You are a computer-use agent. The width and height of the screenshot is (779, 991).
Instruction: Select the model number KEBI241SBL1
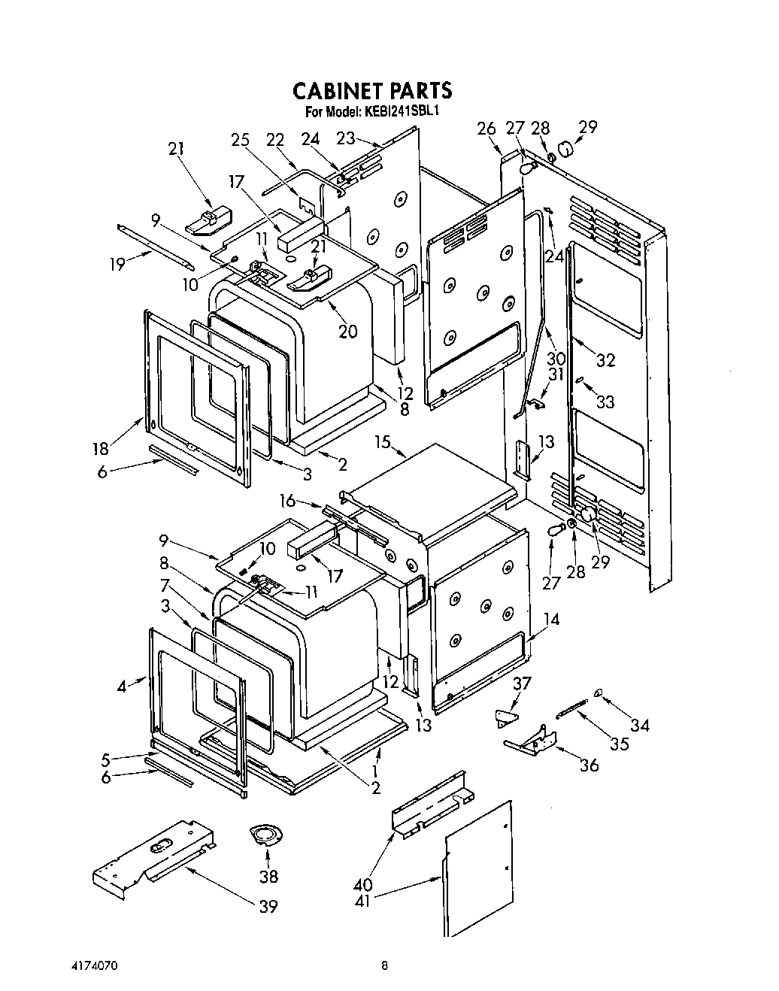pos(402,111)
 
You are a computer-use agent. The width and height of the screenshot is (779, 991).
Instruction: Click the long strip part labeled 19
pos(155,246)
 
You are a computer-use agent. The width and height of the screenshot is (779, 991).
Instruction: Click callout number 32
pos(605,359)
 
